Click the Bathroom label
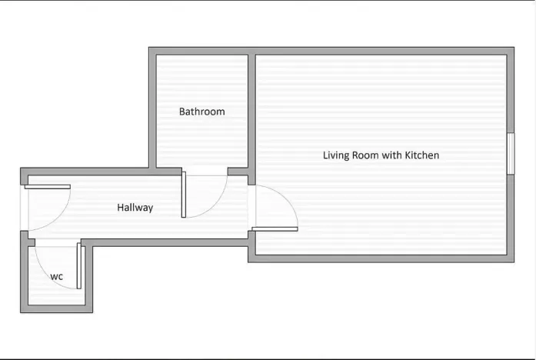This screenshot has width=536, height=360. (x=202, y=112)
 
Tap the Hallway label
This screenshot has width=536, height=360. (x=135, y=208)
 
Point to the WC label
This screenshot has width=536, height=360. (x=57, y=277)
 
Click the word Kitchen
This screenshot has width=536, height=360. (x=422, y=155)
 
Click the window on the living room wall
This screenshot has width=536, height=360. (x=511, y=154)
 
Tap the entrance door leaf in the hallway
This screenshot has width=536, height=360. (x=48, y=187)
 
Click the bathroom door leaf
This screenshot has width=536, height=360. (x=184, y=195)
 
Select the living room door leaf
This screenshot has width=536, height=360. (x=275, y=229)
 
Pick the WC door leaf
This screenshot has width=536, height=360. (x=79, y=266)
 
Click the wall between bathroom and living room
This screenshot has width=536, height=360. (x=252, y=116)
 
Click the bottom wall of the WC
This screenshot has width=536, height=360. (x=56, y=308)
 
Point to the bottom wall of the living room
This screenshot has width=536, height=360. (x=381, y=258)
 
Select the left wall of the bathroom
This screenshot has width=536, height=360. (x=152, y=108)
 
